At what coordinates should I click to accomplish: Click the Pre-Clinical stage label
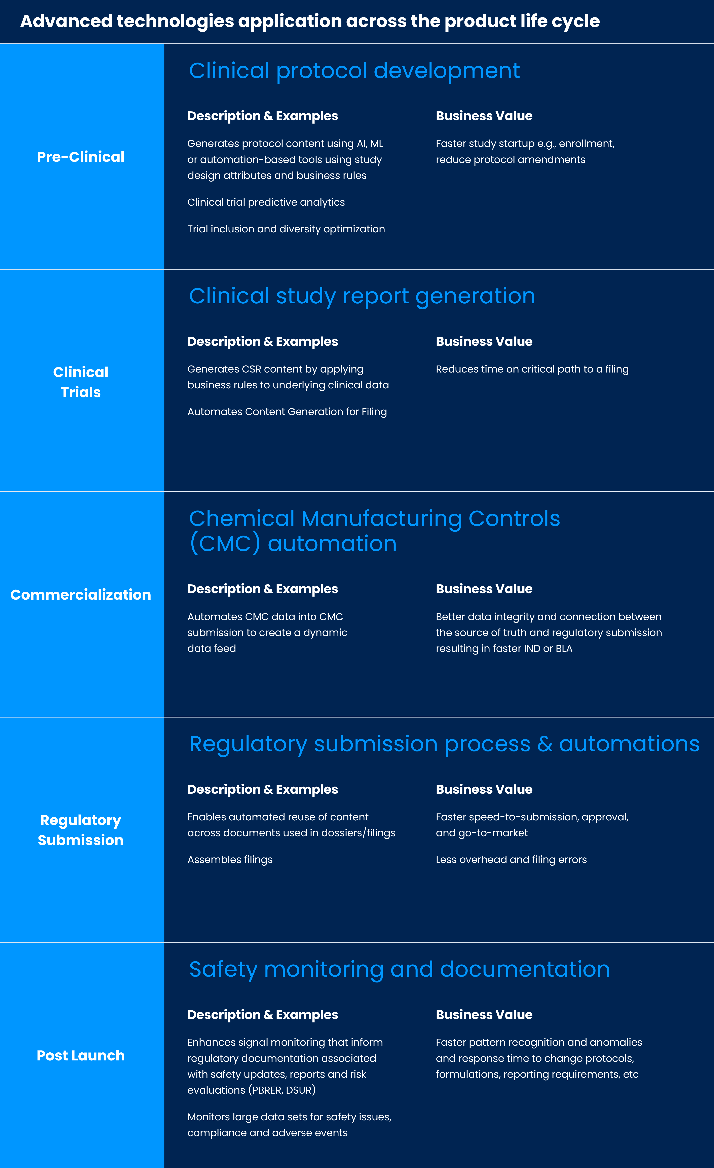pos(81,157)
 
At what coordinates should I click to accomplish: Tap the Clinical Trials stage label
pos(81,382)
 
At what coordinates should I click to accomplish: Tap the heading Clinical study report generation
pos(362,296)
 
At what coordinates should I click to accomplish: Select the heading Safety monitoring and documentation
pos(399,969)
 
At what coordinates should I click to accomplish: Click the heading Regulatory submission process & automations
pos(444,744)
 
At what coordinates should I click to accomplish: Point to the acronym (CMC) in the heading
pos(225,544)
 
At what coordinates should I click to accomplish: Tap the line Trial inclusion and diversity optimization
pos(286,229)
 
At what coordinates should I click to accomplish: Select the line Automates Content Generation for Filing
pos(287,412)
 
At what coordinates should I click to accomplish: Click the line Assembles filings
pos(230,859)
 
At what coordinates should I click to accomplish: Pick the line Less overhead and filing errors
pos(511,859)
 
